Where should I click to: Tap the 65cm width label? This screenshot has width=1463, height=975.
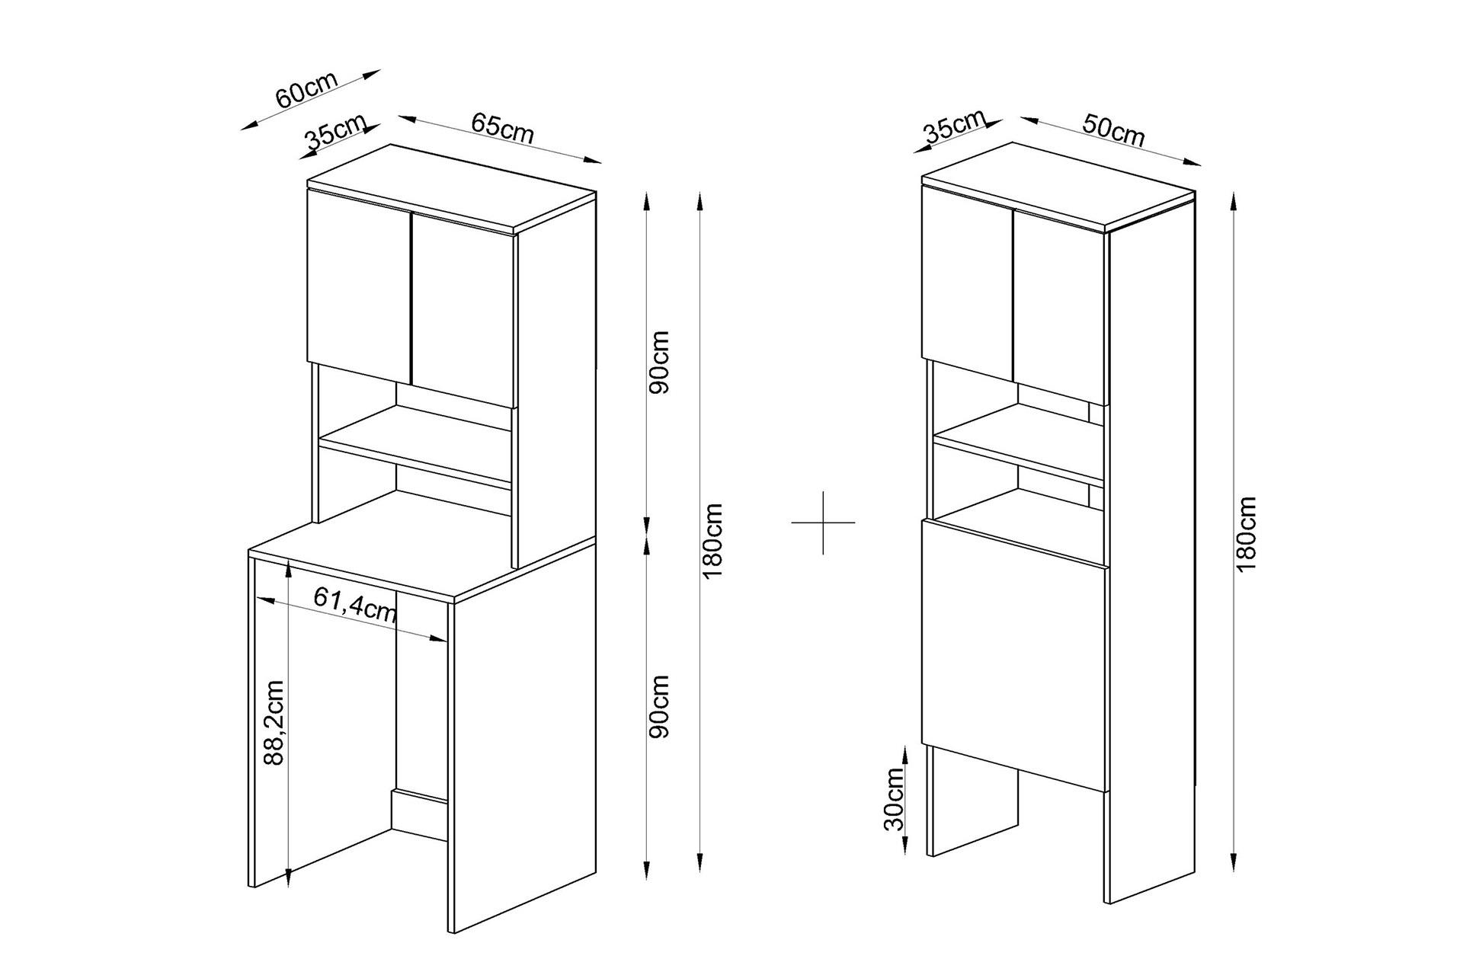point(502,128)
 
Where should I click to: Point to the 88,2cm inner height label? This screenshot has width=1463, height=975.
point(273,723)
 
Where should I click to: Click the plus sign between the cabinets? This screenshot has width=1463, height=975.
point(823,523)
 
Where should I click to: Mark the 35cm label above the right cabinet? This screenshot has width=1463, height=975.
point(954,128)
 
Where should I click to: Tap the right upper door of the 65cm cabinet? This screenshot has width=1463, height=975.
point(464,309)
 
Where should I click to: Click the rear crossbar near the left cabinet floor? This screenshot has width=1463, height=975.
point(419,804)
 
